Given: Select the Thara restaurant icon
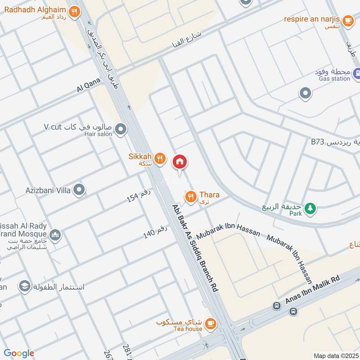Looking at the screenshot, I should tap(191, 196).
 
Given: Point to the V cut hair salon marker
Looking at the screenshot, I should tap(120, 130).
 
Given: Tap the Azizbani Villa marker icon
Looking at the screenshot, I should tap(79, 190).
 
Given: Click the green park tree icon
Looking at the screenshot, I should tap(310, 208).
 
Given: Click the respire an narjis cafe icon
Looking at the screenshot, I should tap(347, 20).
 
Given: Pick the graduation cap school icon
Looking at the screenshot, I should tap(24, 286).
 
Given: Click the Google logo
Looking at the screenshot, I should tap(19, 354).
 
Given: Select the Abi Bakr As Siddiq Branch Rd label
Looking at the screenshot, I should tap(195, 249).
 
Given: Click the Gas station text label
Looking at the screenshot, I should tap(334, 79).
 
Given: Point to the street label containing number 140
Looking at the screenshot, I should tap(155, 232).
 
